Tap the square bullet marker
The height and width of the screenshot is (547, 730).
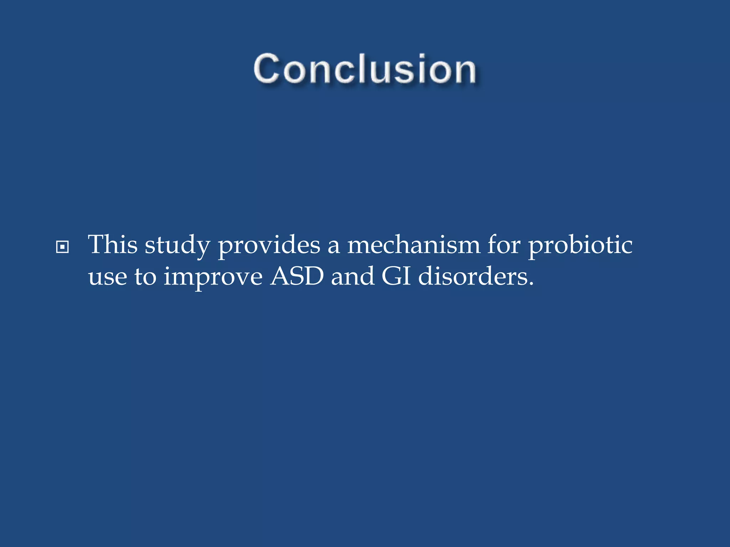click(x=62, y=247)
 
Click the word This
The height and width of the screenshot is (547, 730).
click(x=113, y=245)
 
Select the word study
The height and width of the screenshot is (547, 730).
click(x=177, y=246)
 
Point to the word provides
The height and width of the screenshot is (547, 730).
click(x=269, y=246)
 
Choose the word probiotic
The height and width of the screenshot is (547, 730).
click(x=580, y=246)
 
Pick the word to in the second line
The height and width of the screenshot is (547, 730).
click(x=145, y=277)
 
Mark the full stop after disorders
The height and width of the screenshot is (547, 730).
click(x=531, y=285)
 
